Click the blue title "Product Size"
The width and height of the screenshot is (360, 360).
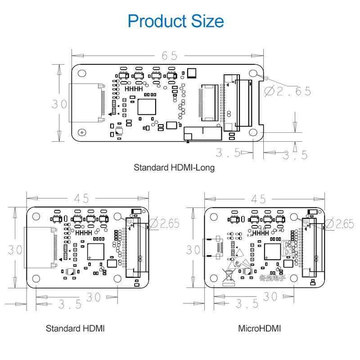(175, 21)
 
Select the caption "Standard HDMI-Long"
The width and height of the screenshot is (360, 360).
(174, 167)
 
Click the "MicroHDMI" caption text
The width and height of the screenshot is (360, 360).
(259, 328)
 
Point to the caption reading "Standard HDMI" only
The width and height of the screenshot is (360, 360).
(75, 328)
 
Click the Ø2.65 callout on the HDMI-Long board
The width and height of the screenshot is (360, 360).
(288, 91)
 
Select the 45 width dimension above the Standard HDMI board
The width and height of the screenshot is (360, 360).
(80, 198)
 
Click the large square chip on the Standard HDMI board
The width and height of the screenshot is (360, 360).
(96, 252)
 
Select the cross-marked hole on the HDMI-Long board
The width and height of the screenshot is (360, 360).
(82, 132)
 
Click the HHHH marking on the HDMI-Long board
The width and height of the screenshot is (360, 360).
(134, 89)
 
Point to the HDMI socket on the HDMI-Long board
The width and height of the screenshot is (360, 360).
(85, 103)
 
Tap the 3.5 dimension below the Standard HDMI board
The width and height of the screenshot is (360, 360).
(70, 304)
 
